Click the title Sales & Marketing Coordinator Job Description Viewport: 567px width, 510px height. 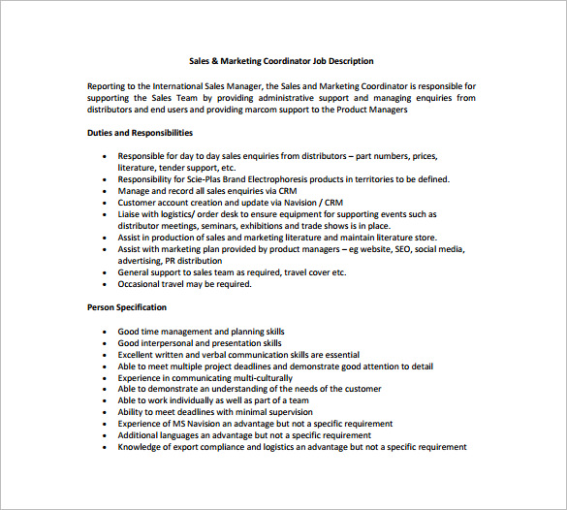coord(281,61)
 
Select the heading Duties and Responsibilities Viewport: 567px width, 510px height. coord(140,133)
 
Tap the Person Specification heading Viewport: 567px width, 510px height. coord(126,307)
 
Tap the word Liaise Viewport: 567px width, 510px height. coord(131,214)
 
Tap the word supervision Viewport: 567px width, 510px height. coord(303,412)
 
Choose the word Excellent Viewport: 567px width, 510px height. coord(138,355)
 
